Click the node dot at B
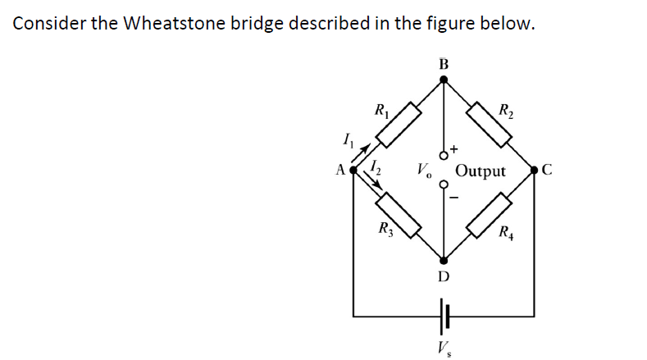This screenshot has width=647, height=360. coord(444,80)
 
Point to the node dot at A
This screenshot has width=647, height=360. coord(353,171)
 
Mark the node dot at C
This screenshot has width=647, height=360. coord(535,171)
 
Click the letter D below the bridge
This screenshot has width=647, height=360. coord(443,276)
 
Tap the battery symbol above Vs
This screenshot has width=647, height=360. coord(445,314)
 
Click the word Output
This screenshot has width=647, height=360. coord(481,171)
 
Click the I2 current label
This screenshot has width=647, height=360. coord(376,168)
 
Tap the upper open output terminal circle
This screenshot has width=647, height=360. coord(444,155)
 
